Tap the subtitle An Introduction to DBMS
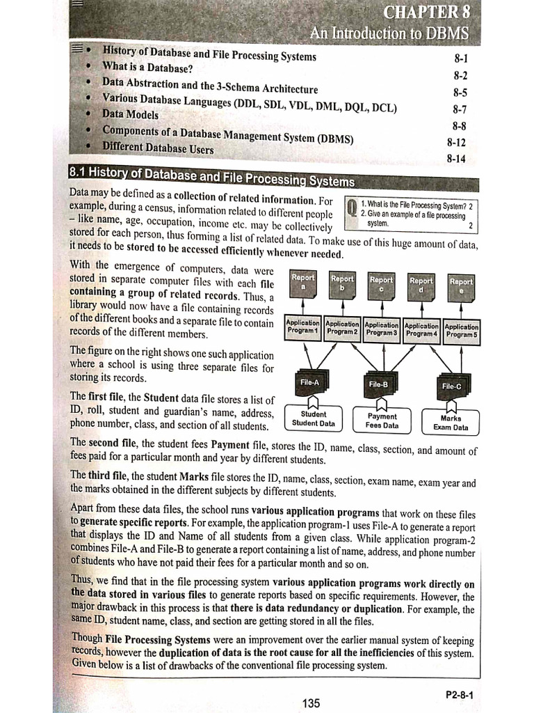tap(389, 33)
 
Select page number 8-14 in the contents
tap(456, 159)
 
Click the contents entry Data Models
tap(130, 114)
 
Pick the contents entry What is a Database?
tap(147, 68)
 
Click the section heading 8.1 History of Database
tap(212, 175)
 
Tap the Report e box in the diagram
tap(461, 287)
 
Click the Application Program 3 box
tap(380, 329)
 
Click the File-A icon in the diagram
tap(309, 382)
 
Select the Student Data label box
tap(313, 418)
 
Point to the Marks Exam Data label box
tap(451, 423)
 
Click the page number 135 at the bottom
tap(311, 703)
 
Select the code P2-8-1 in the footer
tap(460, 694)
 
